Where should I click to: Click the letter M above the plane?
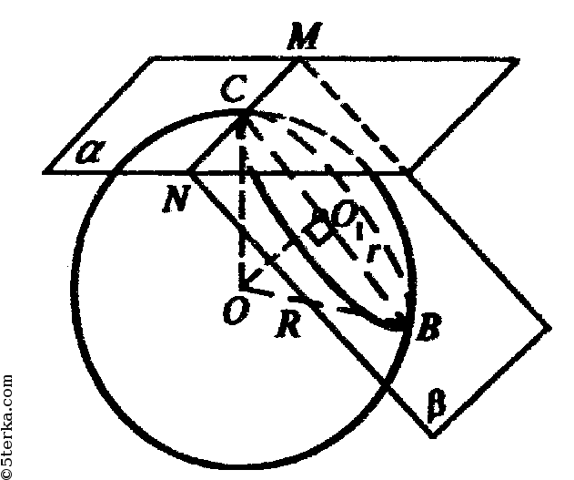click(x=305, y=36)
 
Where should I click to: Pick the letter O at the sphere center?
click(x=237, y=311)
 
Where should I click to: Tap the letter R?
click(x=288, y=323)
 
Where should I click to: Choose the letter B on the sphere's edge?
click(x=428, y=326)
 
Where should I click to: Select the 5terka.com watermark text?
click(x=7, y=427)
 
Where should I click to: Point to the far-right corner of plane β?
click(x=549, y=326)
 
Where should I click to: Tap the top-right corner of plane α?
click(x=518, y=60)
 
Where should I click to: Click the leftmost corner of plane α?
click(x=44, y=171)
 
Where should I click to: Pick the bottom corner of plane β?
click(x=432, y=435)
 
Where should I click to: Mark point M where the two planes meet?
click(x=299, y=59)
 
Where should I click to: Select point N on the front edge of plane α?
click(x=189, y=171)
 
